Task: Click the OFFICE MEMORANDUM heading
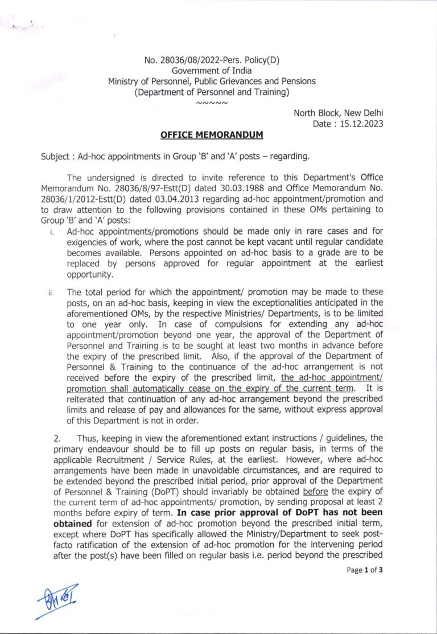coord(212,135)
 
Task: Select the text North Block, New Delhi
coord(338,113)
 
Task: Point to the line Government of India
coord(211,71)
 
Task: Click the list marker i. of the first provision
coord(51,232)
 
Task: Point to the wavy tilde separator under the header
coord(212,104)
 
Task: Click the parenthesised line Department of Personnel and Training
coord(212,92)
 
